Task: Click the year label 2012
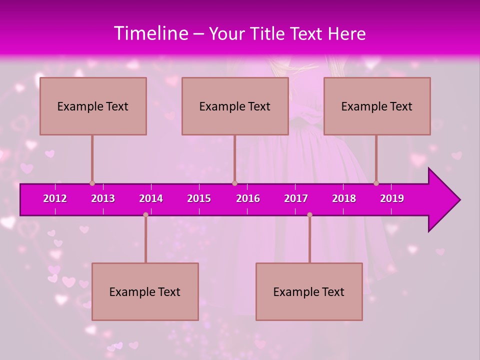coord(55,198)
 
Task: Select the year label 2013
coord(103,198)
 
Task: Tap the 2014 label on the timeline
coord(151,198)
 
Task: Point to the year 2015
coord(199,198)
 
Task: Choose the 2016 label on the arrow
coord(248,198)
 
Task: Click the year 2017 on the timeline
coord(296,198)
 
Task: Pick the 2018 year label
coord(344,198)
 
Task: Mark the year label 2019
coord(392,198)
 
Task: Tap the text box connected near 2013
coord(93,106)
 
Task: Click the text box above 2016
coord(235,106)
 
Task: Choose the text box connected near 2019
coord(377,106)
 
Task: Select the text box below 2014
coord(145,292)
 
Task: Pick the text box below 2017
coord(309,292)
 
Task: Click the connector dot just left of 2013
coord(92,183)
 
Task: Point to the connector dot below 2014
coord(145,215)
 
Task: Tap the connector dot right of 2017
coord(309,215)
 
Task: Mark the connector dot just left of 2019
coord(376,183)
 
